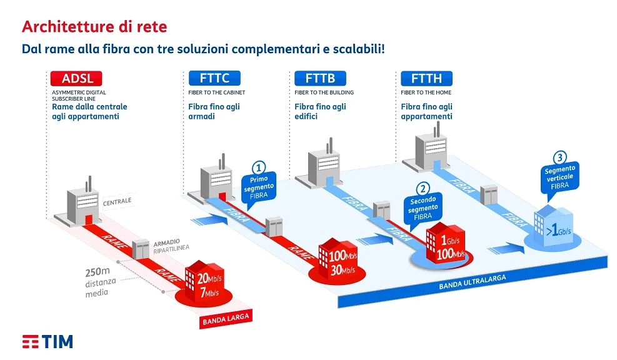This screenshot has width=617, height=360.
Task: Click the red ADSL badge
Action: coord(76,78)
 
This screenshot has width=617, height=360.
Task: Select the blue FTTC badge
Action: coord(214,78)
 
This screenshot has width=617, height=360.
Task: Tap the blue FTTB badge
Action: coord(320,78)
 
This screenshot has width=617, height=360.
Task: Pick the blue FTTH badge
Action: coord(426,78)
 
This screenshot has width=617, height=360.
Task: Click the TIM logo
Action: coord(48,341)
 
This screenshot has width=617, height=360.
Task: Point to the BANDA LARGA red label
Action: coord(226,319)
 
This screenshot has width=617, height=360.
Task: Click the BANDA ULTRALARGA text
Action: coord(472,282)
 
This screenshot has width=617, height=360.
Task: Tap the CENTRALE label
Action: coord(118,201)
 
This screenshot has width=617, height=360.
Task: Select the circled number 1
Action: coord(259,168)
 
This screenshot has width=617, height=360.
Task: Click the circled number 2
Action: coord(423,189)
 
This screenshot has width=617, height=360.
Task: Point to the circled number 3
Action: coord(559,157)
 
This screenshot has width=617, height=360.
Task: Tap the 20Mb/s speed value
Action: coord(209,279)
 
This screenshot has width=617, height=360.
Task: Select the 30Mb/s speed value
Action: coord(343,270)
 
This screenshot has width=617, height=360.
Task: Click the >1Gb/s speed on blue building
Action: coord(558,230)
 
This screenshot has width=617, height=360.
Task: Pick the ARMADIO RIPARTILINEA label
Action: coord(171,245)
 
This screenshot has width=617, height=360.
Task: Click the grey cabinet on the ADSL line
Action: coord(141,249)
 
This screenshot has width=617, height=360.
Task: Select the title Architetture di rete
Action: coord(94,27)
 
